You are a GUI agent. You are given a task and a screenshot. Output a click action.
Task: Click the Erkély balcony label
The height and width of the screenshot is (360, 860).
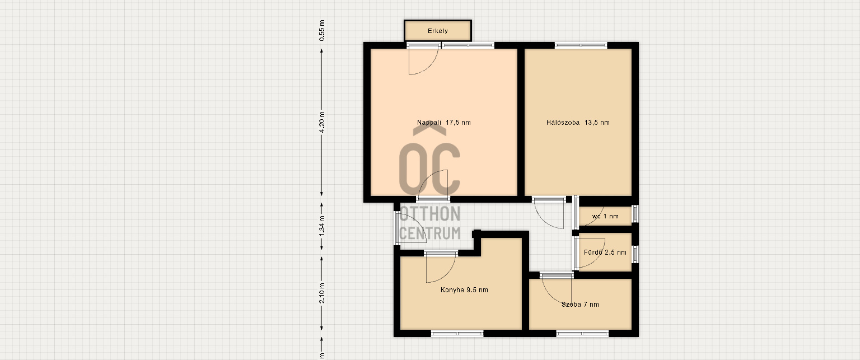point(438,31)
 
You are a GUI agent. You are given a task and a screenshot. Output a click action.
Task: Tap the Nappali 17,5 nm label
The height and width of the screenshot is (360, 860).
point(444,123)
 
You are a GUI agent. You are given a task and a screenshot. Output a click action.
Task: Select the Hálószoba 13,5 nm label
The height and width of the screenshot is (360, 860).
point(578,123)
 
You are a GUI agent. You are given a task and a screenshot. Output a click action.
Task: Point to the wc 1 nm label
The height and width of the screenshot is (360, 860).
point(605,217)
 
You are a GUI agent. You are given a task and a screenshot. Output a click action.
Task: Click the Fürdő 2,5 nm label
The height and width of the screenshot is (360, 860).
point(605,253)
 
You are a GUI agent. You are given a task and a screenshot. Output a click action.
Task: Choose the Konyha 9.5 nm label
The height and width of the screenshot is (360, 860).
point(464,290)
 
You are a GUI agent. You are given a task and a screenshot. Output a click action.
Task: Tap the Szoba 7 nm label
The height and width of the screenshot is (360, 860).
point(580,305)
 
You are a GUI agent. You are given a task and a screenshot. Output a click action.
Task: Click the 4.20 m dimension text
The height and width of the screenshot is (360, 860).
point(322,122)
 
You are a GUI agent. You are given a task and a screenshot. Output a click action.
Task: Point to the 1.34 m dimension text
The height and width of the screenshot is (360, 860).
point(322,226)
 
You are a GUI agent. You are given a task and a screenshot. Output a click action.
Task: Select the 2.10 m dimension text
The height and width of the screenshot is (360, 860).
point(322,293)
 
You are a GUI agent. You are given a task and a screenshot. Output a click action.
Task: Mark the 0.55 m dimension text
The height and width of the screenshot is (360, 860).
point(322,31)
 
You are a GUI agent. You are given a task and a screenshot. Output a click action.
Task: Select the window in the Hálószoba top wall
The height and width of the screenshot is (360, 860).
point(581,45)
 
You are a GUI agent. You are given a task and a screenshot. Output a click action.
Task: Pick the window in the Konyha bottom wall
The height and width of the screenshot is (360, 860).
point(457,334)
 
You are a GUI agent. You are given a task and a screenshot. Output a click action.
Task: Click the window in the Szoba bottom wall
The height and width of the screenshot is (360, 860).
point(582,334)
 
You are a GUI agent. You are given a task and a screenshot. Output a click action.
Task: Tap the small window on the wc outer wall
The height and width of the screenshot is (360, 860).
point(635,214)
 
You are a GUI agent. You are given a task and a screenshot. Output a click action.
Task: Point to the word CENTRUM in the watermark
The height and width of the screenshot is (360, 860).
point(429,233)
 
